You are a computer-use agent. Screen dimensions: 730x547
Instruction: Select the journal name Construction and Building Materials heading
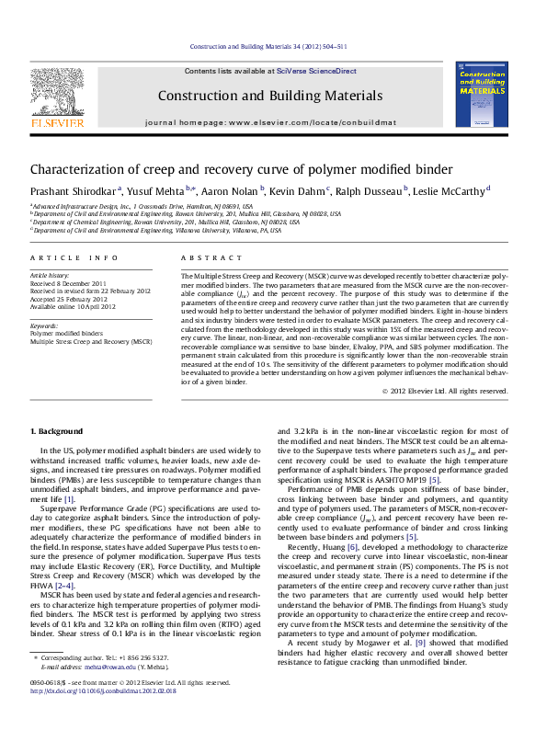(270, 96)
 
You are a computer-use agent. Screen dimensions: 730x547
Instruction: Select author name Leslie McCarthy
(451, 190)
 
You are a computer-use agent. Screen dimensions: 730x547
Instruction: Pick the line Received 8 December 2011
(69, 283)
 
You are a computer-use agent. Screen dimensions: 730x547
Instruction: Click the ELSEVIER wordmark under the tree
(58, 120)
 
